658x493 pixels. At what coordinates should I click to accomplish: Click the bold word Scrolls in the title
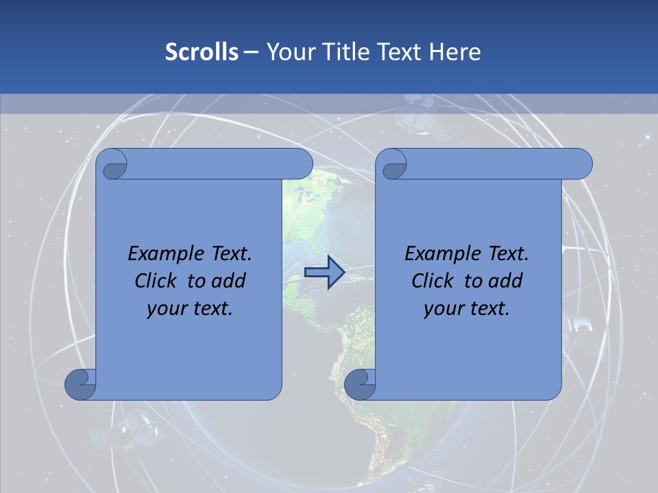point(202,52)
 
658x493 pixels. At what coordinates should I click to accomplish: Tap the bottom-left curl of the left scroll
point(80,384)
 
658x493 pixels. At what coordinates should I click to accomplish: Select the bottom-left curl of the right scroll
point(359,384)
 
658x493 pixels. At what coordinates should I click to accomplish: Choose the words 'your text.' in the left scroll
point(190,308)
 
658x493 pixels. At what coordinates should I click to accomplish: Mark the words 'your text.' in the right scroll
point(466,308)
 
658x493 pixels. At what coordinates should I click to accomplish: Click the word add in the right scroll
point(505,281)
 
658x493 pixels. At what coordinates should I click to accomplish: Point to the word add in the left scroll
point(229,281)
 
